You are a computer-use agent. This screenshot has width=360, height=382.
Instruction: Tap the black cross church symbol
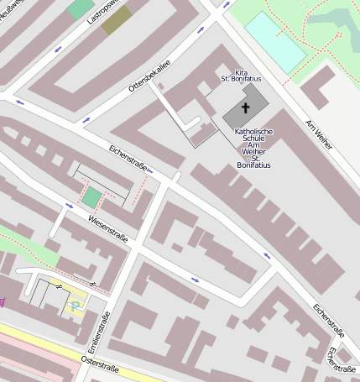coord(246,107)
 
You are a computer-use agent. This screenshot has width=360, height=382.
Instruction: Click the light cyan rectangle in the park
coord(275,39)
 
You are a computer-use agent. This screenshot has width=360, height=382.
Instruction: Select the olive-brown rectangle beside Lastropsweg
coord(117,18)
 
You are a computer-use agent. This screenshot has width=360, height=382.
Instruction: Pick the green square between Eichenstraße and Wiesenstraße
coord(91,199)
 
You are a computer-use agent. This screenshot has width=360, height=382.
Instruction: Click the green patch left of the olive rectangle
coord(81,9)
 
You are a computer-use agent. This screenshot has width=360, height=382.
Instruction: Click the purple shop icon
coord(3,299)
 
